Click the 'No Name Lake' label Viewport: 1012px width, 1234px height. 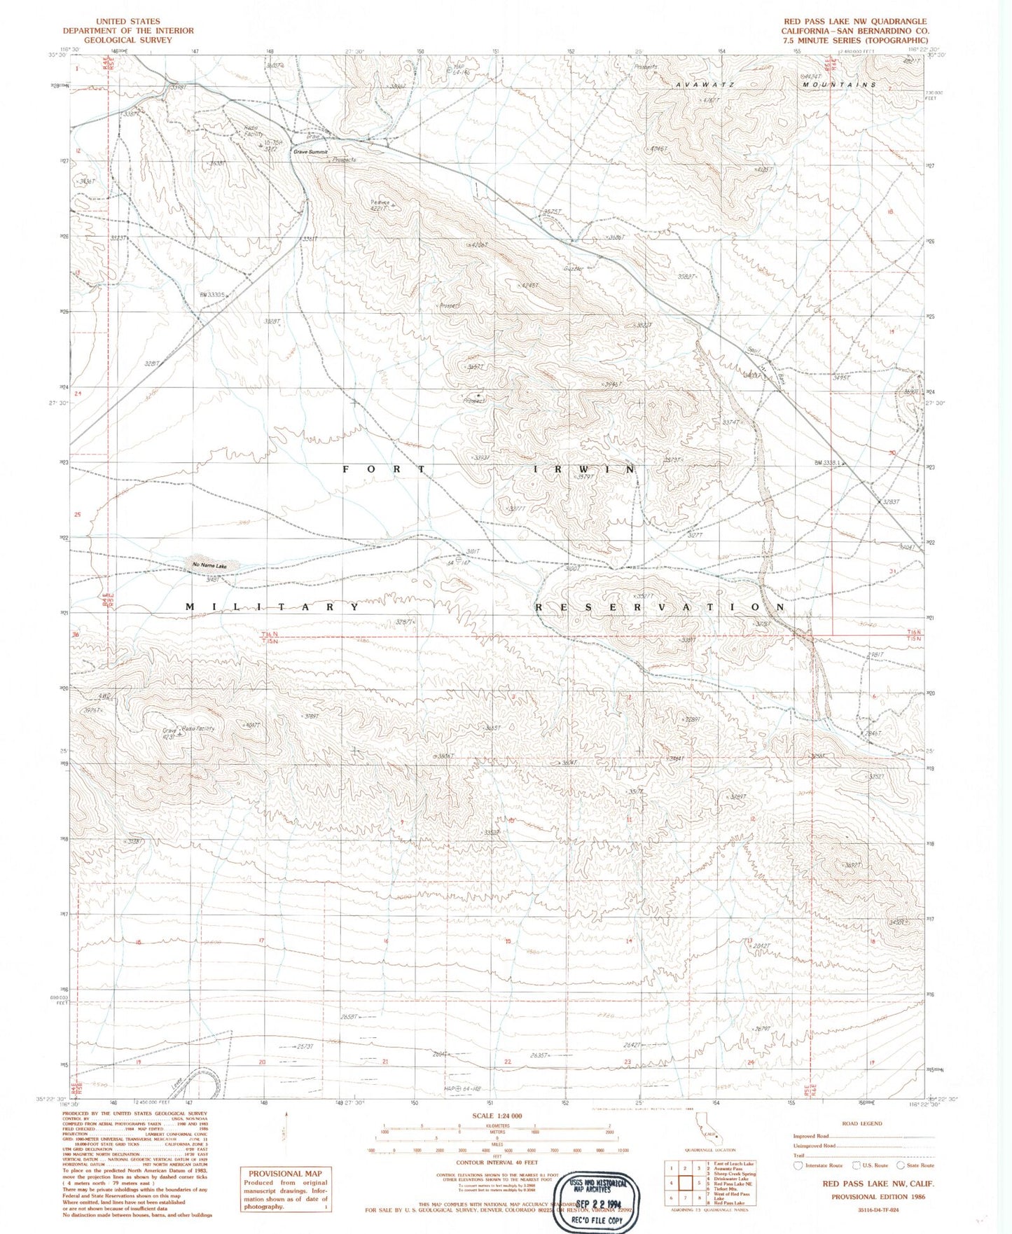[x=209, y=565]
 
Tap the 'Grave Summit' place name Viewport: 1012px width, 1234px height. [x=310, y=151]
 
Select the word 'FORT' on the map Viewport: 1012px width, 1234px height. [x=384, y=469]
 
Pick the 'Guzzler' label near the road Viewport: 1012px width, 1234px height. [x=574, y=269]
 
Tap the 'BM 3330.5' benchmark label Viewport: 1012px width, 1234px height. [x=212, y=295]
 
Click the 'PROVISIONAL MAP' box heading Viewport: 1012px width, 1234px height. [x=285, y=1173]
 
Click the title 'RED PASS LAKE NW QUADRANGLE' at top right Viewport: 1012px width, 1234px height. [x=855, y=22]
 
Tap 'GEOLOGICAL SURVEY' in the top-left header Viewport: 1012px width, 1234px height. [x=127, y=40]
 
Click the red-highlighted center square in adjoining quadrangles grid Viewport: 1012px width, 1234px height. [x=684, y=1183]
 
